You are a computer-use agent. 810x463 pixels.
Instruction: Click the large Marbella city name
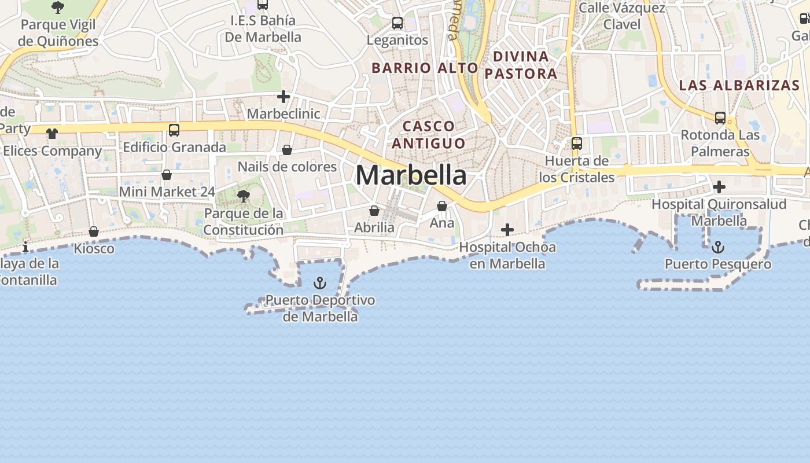411,175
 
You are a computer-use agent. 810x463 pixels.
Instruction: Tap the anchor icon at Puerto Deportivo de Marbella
320,283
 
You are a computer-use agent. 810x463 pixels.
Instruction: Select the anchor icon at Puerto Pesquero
717,247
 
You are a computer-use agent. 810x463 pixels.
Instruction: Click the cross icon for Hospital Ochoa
507,230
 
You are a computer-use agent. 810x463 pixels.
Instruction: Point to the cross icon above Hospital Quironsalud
719,187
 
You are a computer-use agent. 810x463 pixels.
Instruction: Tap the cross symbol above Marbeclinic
283,97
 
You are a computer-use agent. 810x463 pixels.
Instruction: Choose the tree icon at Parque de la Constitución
244,196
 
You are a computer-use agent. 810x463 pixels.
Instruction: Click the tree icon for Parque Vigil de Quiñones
57,8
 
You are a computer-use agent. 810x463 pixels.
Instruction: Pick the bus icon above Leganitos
397,23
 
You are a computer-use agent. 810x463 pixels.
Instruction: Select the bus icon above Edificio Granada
174,130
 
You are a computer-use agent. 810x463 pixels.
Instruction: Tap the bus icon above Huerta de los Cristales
577,144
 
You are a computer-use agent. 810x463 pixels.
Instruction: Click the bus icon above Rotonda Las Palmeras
720,118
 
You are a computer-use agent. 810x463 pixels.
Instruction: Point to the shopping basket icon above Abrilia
374,211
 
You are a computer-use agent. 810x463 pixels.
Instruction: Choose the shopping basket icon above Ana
442,206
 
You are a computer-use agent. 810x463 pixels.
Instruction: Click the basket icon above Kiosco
94,232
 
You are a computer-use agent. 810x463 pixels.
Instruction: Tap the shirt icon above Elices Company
52,134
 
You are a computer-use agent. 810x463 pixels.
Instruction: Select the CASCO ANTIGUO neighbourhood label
428,134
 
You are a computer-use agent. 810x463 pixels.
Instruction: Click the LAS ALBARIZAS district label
739,85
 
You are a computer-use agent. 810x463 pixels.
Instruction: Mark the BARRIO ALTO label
425,68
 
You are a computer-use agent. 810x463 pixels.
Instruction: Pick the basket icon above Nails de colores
287,150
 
